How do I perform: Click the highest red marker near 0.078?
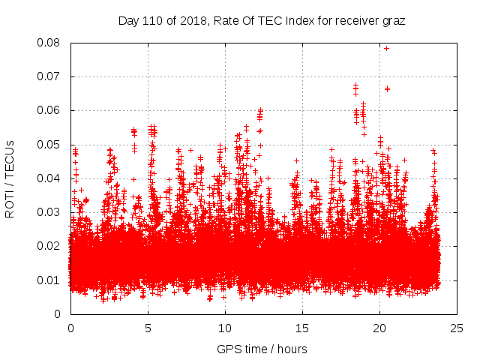(x=386, y=48)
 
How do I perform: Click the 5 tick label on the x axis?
(x=148, y=328)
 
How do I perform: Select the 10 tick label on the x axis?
(x=225, y=328)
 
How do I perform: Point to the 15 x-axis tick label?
(x=302, y=328)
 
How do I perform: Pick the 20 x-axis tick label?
(x=379, y=328)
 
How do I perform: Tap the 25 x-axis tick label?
(x=457, y=328)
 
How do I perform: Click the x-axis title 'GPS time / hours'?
(x=262, y=349)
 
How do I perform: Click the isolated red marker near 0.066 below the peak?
(x=387, y=88)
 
